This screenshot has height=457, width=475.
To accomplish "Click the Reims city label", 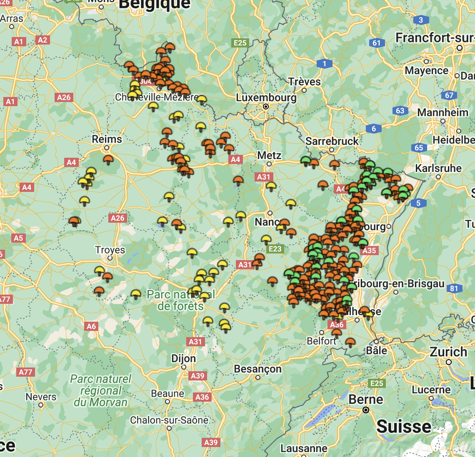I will coord(107,139).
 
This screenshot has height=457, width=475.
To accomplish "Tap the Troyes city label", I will coord(110,250).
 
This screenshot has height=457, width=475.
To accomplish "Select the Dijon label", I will coord(183,358).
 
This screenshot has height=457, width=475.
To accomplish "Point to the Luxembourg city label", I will coord(266,98).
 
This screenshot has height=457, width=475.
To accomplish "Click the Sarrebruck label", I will coord(332,141).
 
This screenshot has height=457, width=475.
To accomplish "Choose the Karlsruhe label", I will coord(438,168).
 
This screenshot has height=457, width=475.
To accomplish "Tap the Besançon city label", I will coord(257,369).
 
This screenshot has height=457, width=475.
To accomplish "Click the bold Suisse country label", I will coord(404,427).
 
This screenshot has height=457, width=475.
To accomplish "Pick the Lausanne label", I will coord(304,448).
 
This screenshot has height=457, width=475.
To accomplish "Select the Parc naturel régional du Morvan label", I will coord(100,390).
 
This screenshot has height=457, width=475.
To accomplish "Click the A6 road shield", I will coord(91,326).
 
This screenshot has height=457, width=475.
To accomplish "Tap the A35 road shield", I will coord(369,251).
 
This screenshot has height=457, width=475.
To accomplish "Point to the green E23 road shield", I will coord(275,249).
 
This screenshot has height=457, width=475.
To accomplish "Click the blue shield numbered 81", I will coord(454,288).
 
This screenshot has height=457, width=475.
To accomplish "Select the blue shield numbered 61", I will coord(376,42).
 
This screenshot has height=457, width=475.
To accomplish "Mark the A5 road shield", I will coord(18,238).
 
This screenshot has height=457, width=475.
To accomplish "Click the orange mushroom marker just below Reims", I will coord(108,159).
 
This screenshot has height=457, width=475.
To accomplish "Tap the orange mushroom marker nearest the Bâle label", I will coord(350,342).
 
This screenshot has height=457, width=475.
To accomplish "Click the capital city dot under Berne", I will coord(366,410).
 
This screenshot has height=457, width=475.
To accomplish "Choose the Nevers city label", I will coord(41,397).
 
